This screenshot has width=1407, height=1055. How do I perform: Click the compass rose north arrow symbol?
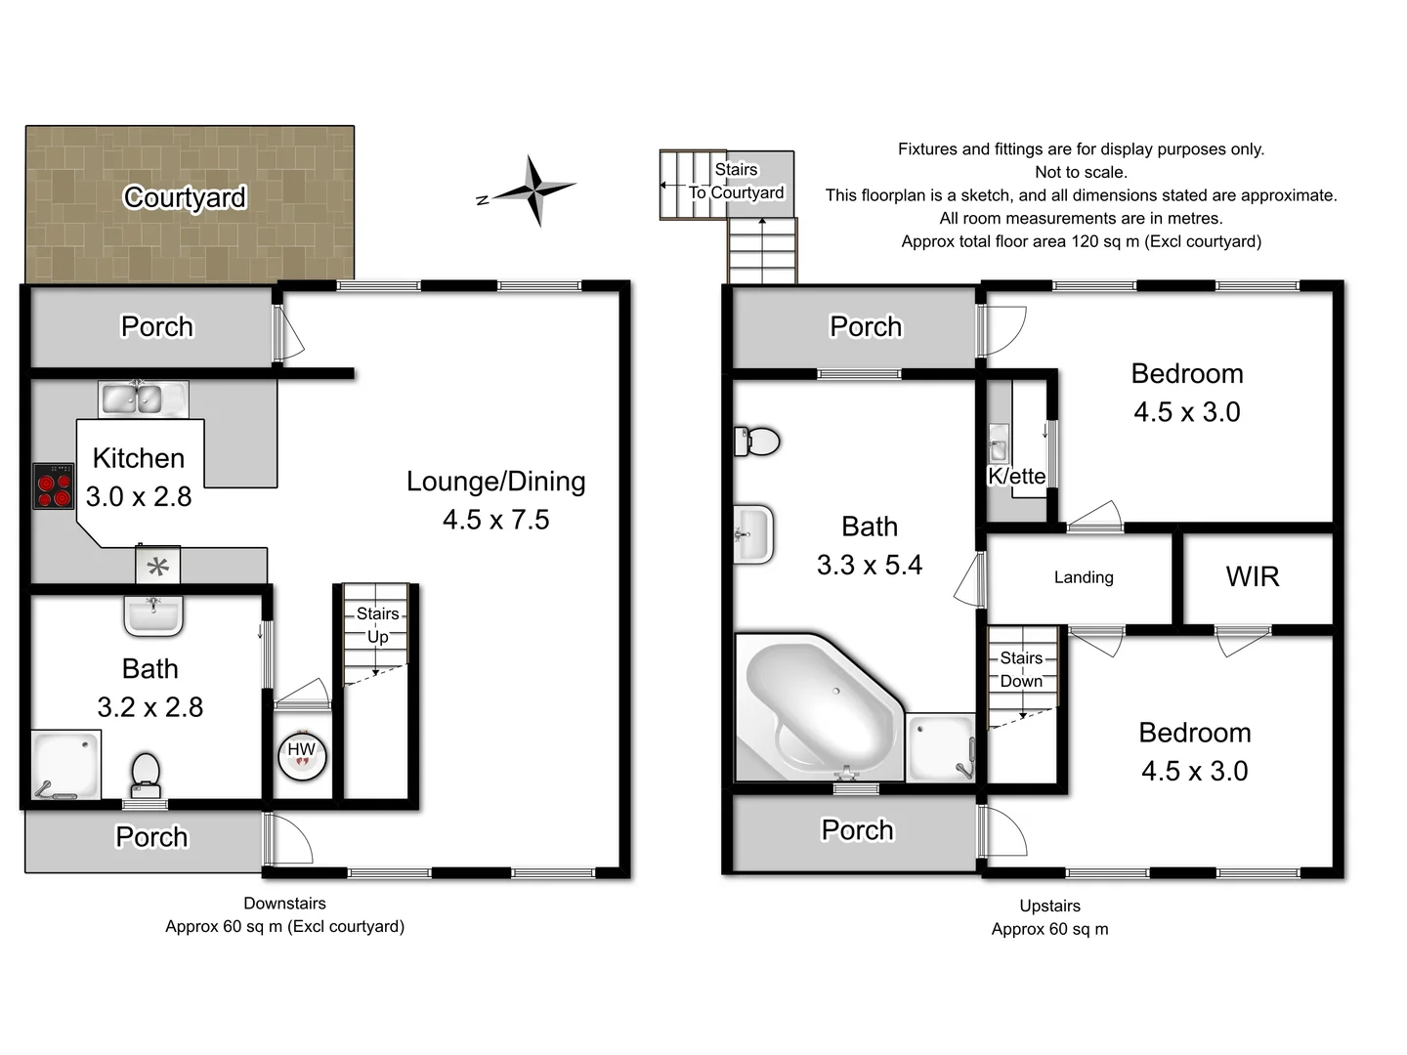[534, 190]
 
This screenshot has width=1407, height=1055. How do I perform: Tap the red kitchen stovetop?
[54, 486]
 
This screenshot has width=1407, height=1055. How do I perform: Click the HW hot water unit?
[301, 753]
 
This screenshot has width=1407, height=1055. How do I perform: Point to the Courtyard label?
[185, 197]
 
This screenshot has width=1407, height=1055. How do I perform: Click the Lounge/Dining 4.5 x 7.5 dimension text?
[495, 520]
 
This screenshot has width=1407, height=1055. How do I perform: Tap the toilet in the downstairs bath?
[145, 772]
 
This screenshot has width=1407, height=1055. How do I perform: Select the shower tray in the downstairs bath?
[64, 765]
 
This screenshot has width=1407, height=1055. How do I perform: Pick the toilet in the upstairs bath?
[757, 442]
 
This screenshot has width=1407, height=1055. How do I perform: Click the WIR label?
[1252, 576]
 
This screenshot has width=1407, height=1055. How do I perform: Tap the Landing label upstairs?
[1083, 577]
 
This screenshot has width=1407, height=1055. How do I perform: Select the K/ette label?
[1016, 476]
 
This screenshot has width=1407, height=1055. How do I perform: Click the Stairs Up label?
[377, 625]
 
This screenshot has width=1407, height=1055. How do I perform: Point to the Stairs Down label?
[1021, 669]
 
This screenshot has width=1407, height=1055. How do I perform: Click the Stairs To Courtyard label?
[736, 182]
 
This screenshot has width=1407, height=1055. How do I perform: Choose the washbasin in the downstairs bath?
[153, 615]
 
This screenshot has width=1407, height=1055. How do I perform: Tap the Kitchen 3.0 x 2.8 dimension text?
[139, 496]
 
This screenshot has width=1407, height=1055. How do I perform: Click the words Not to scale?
[1081, 172]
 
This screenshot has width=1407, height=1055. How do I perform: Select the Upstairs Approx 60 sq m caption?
[1049, 917]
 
